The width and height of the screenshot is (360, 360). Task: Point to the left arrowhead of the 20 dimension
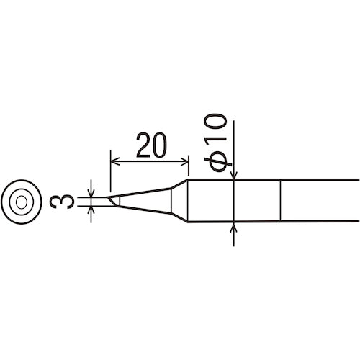[x=114, y=163]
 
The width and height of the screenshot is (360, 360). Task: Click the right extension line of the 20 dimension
[x=188, y=170]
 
